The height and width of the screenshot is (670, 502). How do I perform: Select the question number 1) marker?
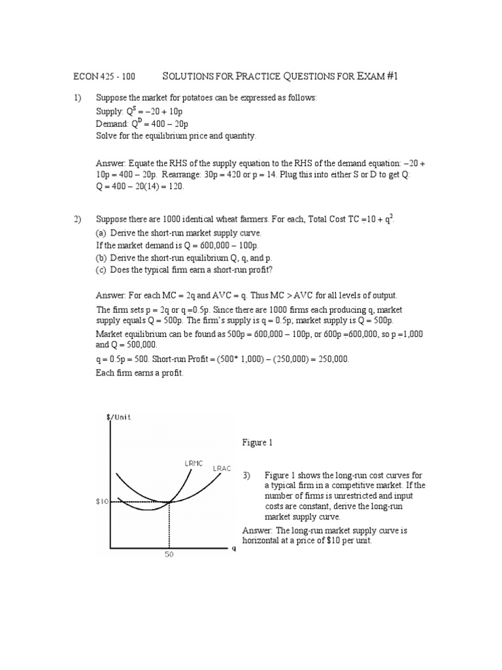click(77, 98)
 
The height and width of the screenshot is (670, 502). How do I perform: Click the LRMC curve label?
click(194, 463)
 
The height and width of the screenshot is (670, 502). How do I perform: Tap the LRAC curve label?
click(221, 468)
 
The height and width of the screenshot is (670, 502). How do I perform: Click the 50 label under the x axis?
click(169, 554)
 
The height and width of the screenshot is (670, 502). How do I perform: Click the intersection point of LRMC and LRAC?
click(169, 502)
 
